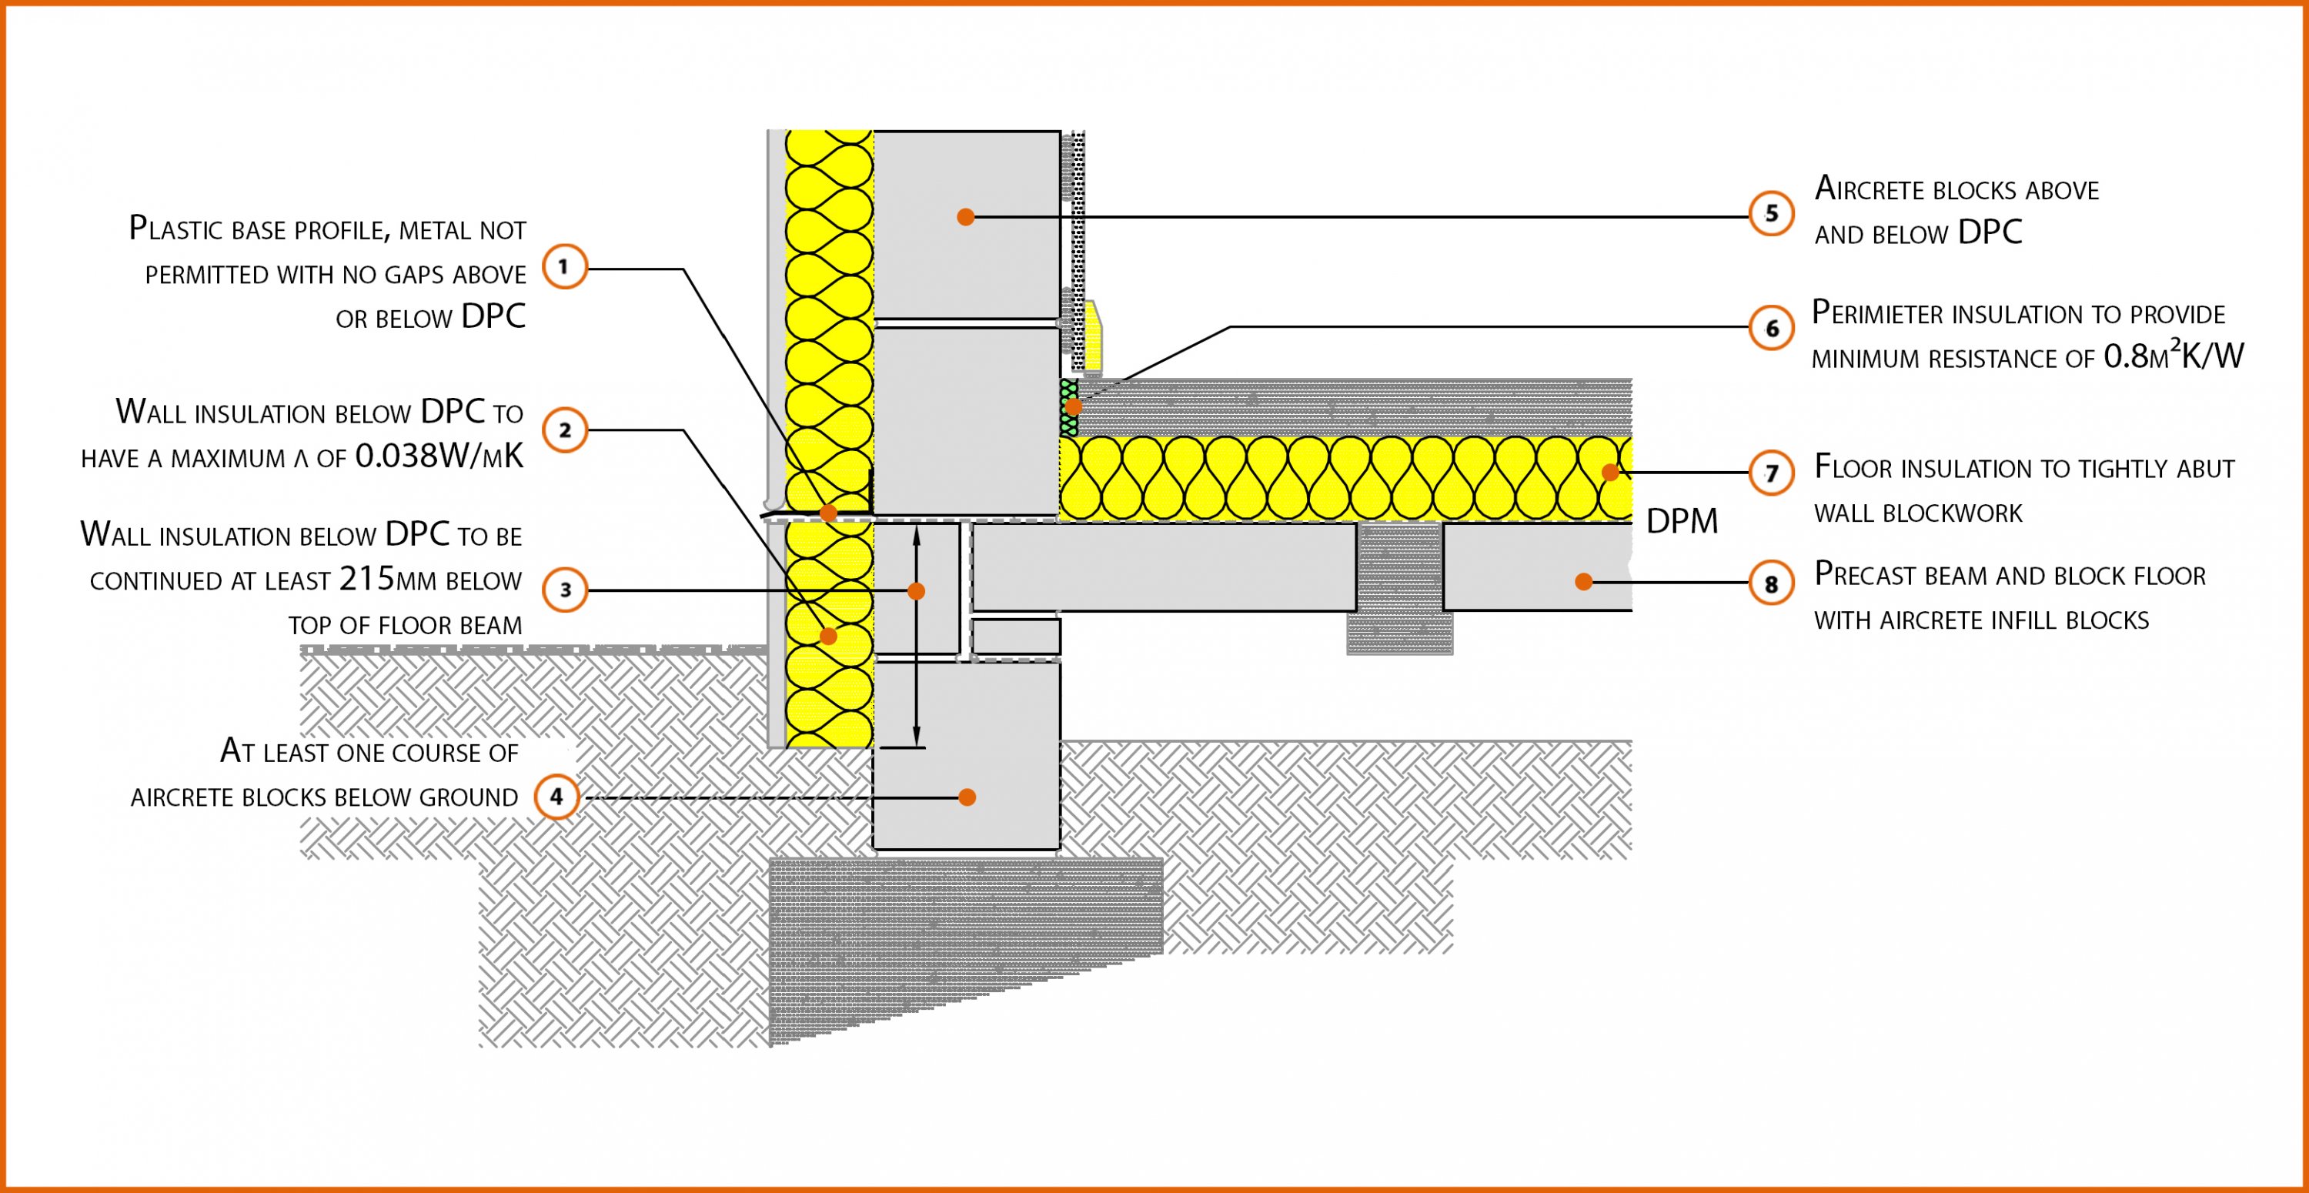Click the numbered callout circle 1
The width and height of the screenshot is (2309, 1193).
[x=565, y=266]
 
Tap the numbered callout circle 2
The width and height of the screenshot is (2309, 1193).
[x=565, y=430]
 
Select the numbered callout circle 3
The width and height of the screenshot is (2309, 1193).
[x=565, y=590]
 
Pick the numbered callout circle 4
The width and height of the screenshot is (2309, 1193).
[x=556, y=796]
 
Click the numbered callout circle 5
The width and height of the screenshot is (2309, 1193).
[x=1771, y=214]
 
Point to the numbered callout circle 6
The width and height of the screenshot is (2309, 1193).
[x=1771, y=329]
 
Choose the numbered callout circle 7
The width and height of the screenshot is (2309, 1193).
[x=1771, y=473]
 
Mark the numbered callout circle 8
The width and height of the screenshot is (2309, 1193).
[x=1771, y=584]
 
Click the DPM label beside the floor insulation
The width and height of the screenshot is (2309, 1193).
[x=1682, y=522]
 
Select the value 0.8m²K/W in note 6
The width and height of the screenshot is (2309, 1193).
[x=2173, y=356]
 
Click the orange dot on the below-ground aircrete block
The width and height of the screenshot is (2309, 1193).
[x=966, y=797]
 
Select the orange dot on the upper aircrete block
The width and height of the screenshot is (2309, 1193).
[x=965, y=217]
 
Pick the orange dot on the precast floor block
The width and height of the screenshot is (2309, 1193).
[x=1584, y=582]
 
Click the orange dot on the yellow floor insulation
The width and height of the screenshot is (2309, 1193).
[x=1610, y=473]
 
